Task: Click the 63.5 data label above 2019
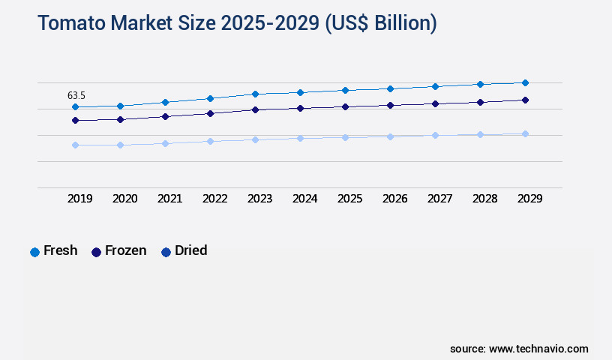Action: point(76,95)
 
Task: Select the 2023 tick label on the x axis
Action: point(259,199)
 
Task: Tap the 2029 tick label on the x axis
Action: point(529,199)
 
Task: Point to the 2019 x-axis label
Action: point(79,199)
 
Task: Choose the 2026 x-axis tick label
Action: point(394,199)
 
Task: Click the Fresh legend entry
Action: point(54,251)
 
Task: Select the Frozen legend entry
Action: point(119,251)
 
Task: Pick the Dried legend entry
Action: point(184,251)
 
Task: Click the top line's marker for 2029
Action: point(525,82)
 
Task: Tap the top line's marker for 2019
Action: point(75,107)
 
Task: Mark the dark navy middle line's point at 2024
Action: point(300,108)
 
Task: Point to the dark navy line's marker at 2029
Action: point(525,100)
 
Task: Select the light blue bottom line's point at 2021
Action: point(165,143)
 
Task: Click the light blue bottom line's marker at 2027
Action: point(435,135)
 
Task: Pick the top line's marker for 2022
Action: point(210,98)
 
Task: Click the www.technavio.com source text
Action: point(538,349)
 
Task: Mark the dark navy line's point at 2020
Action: point(120,119)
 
